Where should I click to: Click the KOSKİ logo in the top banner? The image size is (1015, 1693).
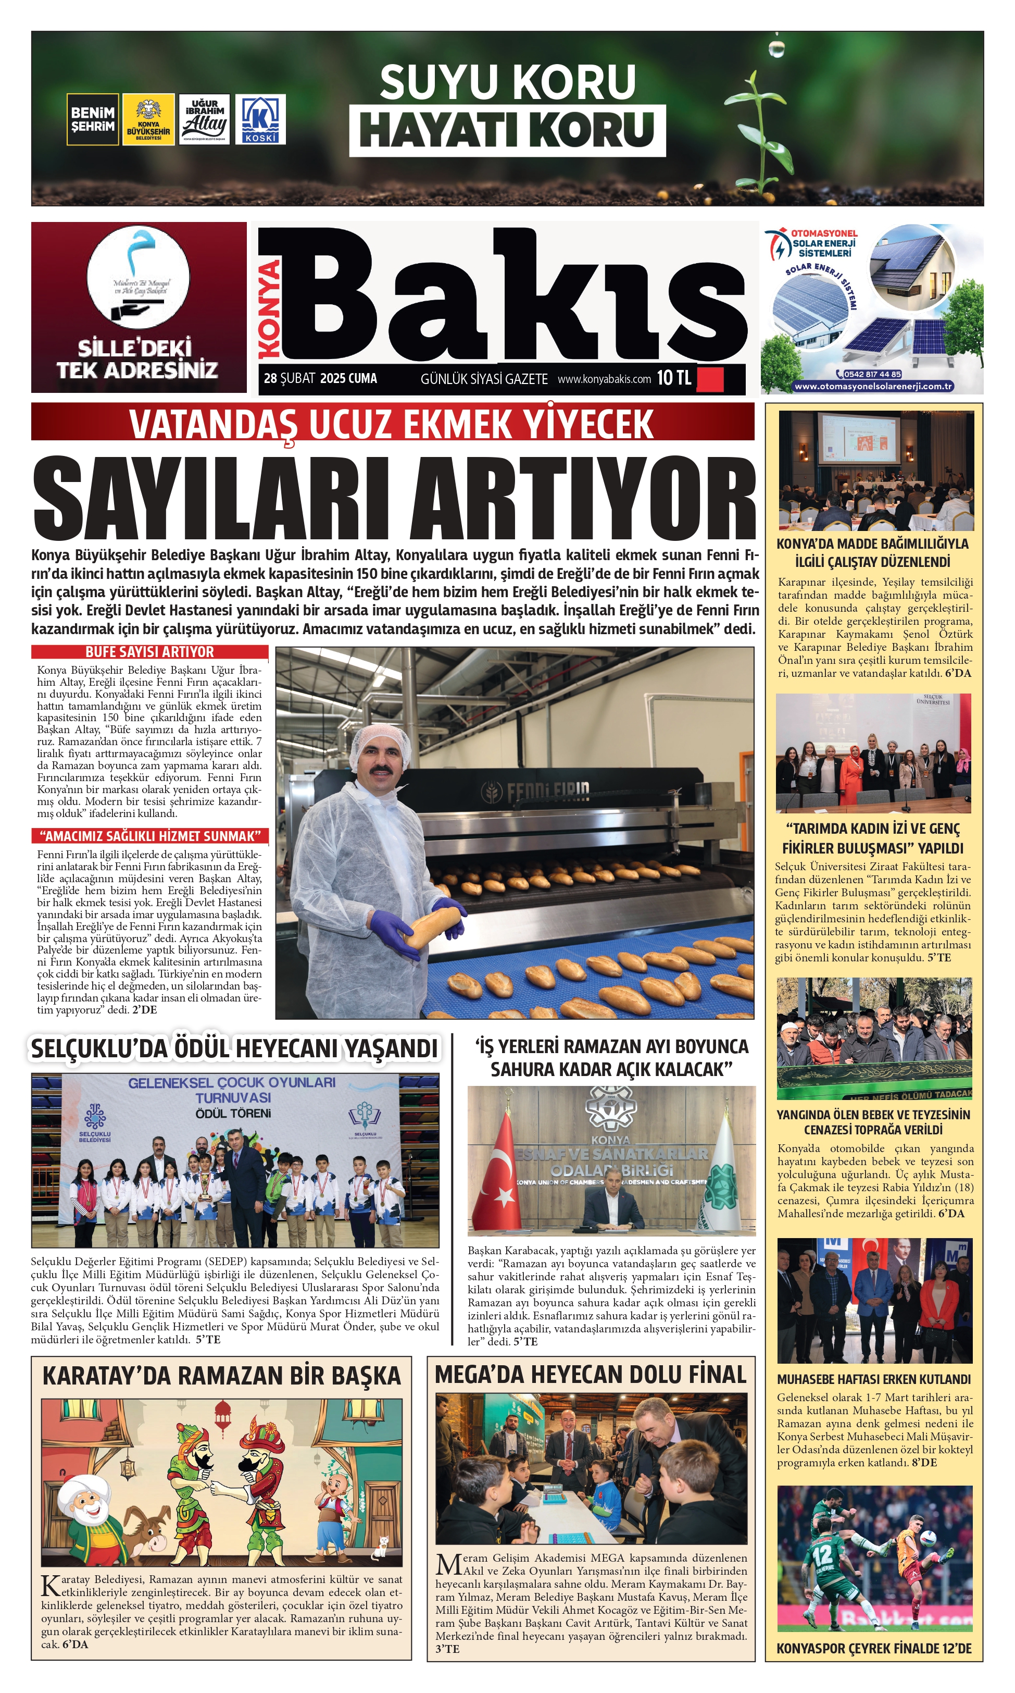pos(260,120)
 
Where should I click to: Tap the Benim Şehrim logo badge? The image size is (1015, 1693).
pos(92,119)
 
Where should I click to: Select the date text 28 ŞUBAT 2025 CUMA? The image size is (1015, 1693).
pos(320,378)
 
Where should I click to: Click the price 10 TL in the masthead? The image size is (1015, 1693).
pos(674,378)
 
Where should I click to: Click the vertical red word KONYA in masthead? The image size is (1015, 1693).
pos(270,308)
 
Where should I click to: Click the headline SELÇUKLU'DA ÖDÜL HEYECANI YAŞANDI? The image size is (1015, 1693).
pos(234,1048)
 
